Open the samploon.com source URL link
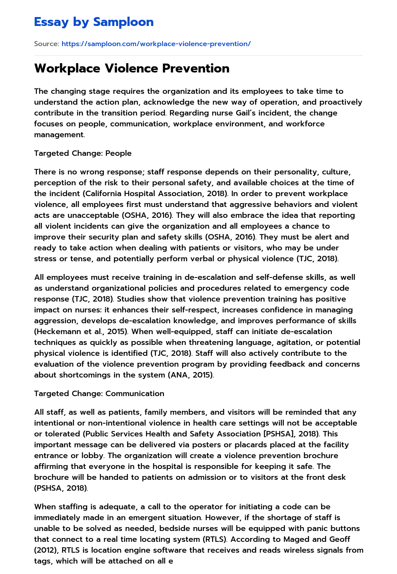point(156,44)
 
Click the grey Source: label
point(46,44)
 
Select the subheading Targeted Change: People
point(83,153)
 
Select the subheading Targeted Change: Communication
point(99,393)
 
